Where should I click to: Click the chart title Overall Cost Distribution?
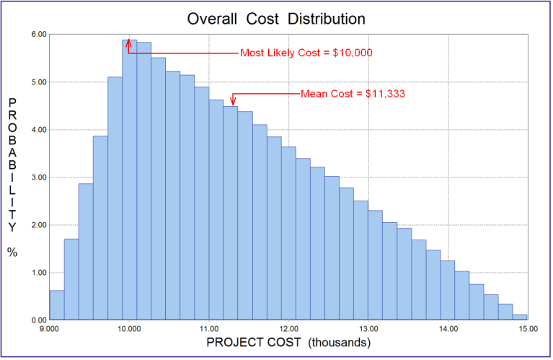(x=276, y=17)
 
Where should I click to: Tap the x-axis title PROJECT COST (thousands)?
(x=288, y=343)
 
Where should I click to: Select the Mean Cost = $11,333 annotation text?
(x=353, y=94)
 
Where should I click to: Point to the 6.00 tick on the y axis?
(x=38, y=35)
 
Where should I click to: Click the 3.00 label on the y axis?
(x=38, y=177)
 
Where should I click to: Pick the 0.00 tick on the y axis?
(x=38, y=320)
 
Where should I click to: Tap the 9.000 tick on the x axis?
(x=49, y=329)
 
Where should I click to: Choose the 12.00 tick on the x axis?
(x=288, y=329)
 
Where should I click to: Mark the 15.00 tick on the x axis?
(x=527, y=329)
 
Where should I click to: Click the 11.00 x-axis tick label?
(x=209, y=329)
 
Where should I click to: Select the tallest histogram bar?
(x=129, y=180)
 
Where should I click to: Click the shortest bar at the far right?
(x=520, y=317)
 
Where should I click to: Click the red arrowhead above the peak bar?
(x=128, y=43)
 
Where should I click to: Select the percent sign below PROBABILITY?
(x=12, y=252)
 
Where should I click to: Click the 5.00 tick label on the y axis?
(x=38, y=82)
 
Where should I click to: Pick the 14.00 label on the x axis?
(x=448, y=329)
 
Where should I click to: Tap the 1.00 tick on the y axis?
(x=38, y=273)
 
